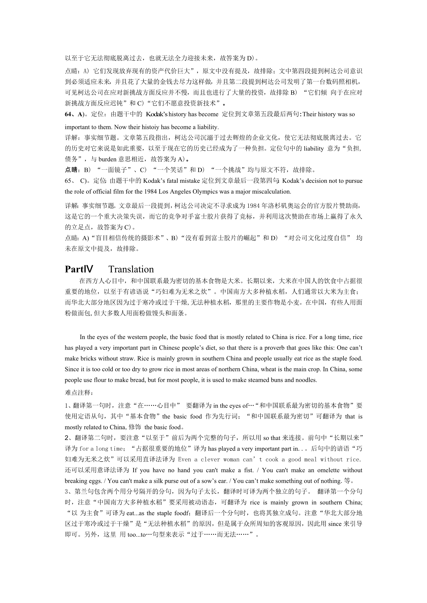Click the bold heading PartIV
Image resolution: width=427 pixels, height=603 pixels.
click(x=79, y=269)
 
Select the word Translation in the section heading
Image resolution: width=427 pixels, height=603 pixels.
click(x=131, y=269)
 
